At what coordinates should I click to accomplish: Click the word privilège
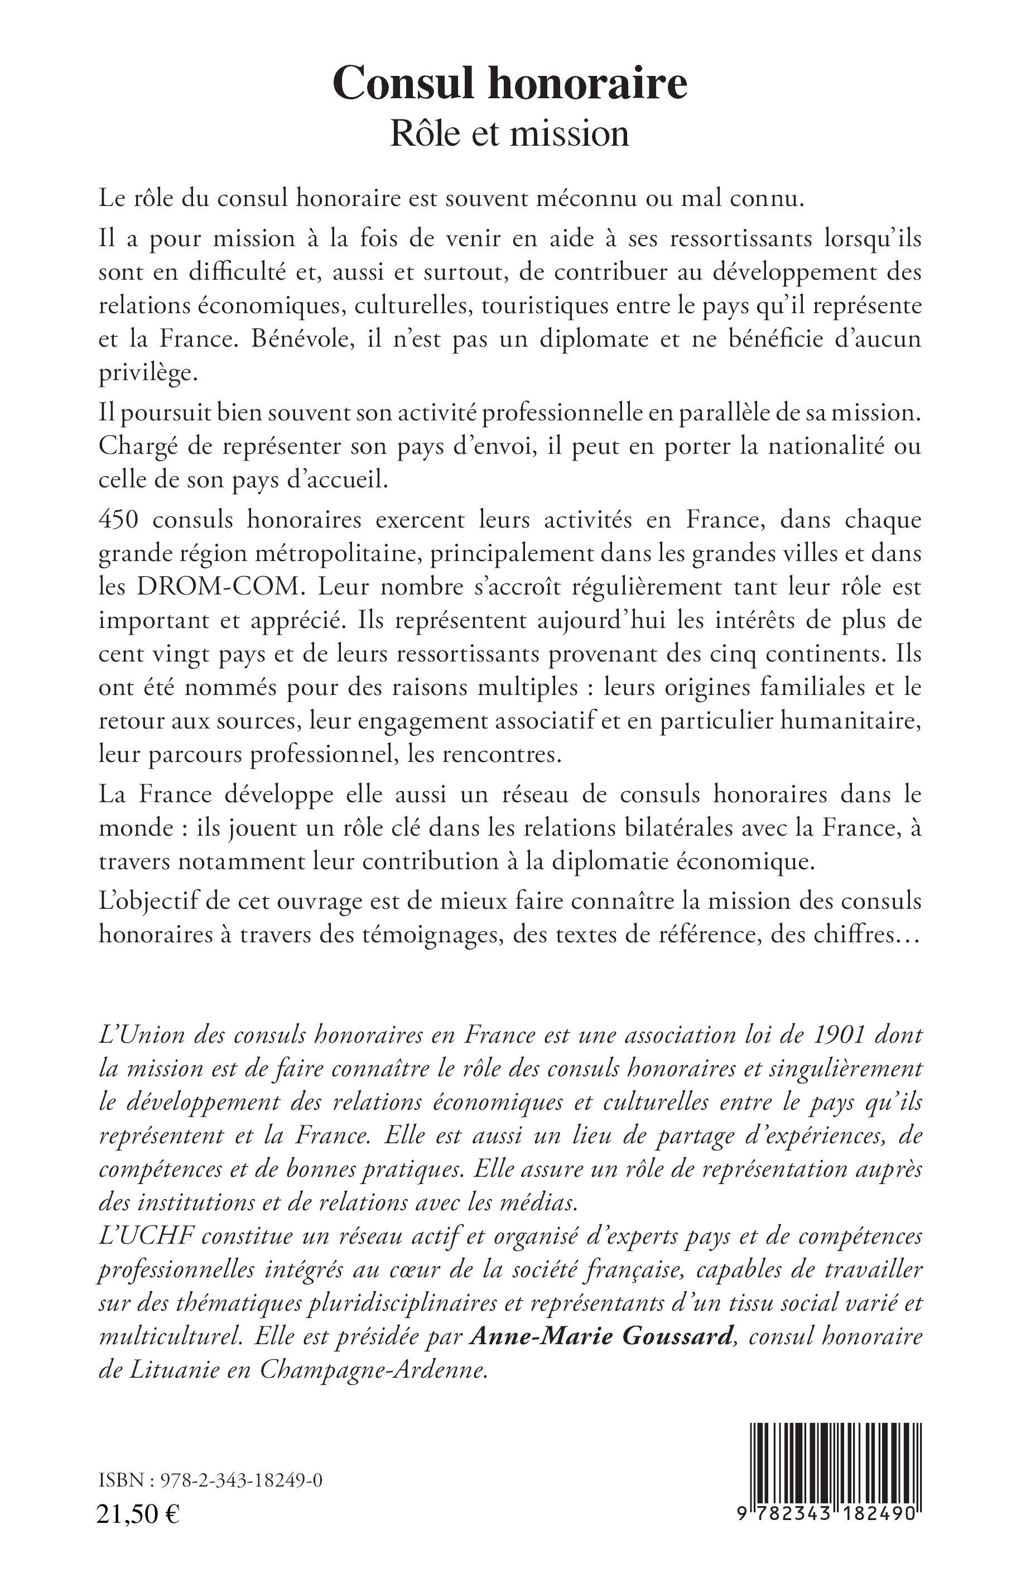[147, 373]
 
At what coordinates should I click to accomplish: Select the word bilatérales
[672, 828]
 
